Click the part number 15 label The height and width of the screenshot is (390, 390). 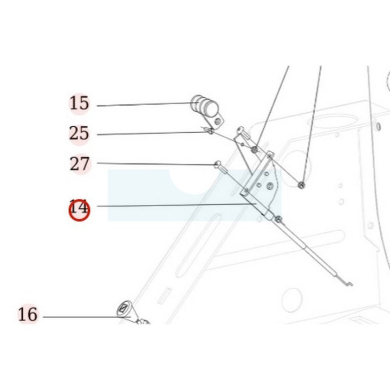point(79,103)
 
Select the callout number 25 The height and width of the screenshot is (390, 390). point(79,133)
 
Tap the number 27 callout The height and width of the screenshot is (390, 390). point(79,164)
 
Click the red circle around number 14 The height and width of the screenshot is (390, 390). point(79,210)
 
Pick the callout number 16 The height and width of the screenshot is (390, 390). point(28,314)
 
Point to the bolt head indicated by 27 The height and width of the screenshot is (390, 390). point(218,164)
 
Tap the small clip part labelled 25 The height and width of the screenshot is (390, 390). point(209,130)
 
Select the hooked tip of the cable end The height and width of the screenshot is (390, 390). point(348,283)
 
